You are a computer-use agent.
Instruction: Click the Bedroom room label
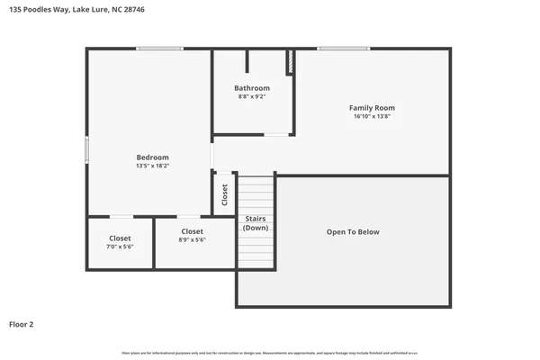(x=152, y=157)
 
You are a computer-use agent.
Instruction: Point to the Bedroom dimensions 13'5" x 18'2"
(x=152, y=166)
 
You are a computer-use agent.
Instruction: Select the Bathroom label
(x=252, y=88)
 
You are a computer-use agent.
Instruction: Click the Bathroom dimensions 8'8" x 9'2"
(x=252, y=96)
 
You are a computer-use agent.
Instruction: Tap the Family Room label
(x=372, y=108)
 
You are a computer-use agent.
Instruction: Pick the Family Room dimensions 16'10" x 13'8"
(x=372, y=116)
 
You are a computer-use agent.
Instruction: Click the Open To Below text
(x=353, y=232)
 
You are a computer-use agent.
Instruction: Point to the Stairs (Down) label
(x=255, y=223)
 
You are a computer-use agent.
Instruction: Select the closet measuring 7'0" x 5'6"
(x=120, y=242)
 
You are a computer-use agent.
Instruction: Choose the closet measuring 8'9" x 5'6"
(x=192, y=236)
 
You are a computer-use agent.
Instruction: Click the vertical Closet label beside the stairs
(x=225, y=194)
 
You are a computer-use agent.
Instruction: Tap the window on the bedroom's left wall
(x=87, y=149)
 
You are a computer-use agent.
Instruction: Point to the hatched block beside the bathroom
(x=290, y=63)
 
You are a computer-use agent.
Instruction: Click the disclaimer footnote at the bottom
(x=270, y=352)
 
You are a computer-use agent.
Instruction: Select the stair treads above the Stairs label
(x=256, y=193)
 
